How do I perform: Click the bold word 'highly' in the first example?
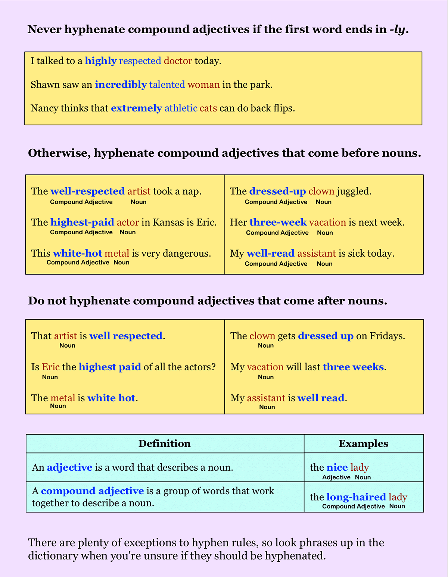[101, 61]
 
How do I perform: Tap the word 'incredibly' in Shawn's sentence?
[121, 85]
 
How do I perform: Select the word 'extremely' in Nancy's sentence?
[136, 109]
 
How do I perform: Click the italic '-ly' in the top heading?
[397, 29]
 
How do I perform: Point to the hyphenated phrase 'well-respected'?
[87, 191]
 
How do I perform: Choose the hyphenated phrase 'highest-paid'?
[82, 223]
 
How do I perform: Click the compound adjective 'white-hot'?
[77, 254]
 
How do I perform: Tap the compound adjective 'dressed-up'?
[277, 191]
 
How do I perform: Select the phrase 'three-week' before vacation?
[278, 223]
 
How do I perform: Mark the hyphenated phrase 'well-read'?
[271, 254]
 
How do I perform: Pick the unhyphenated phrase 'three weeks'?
[353, 367]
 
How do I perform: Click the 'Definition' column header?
[165, 443]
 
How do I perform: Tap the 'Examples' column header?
[363, 443]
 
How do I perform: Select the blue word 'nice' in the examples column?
[337, 467]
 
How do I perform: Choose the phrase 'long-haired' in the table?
[356, 497]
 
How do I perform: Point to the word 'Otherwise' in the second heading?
[58, 153]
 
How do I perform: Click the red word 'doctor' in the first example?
[178, 61]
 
